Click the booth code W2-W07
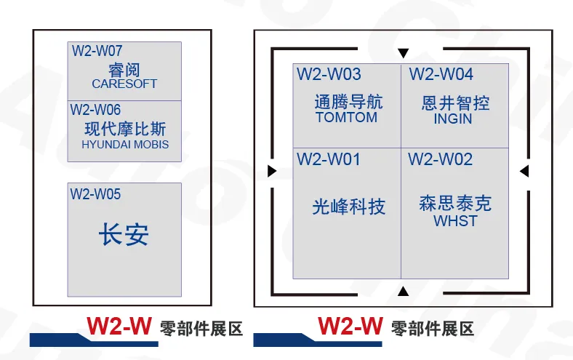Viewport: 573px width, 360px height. click(x=97, y=52)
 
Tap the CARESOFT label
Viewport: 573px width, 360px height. click(x=124, y=84)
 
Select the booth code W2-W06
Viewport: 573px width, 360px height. click(x=95, y=110)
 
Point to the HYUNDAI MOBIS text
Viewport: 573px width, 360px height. click(x=125, y=145)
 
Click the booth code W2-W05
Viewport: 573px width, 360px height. click(x=95, y=194)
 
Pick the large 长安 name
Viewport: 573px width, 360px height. click(x=124, y=235)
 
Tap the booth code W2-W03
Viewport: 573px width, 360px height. click(x=329, y=74)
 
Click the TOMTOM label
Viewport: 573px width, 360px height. click(x=347, y=117)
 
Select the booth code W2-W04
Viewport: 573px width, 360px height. click(x=441, y=74)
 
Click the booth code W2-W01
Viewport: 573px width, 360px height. click(x=328, y=159)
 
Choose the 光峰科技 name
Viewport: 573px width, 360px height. click(x=349, y=207)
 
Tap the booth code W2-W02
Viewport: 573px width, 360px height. click(x=440, y=159)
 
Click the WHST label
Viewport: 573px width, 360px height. click(x=455, y=221)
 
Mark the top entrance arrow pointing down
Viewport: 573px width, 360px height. click(x=404, y=53)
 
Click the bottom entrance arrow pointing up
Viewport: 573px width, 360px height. click(x=404, y=292)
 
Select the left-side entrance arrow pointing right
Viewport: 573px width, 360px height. click(x=272, y=171)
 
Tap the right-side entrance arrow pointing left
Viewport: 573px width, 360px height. click(x=524, y=171)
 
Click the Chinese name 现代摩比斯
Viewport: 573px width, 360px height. click(x=125, y=129)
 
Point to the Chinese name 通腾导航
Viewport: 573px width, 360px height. click(x=348, y=102)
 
